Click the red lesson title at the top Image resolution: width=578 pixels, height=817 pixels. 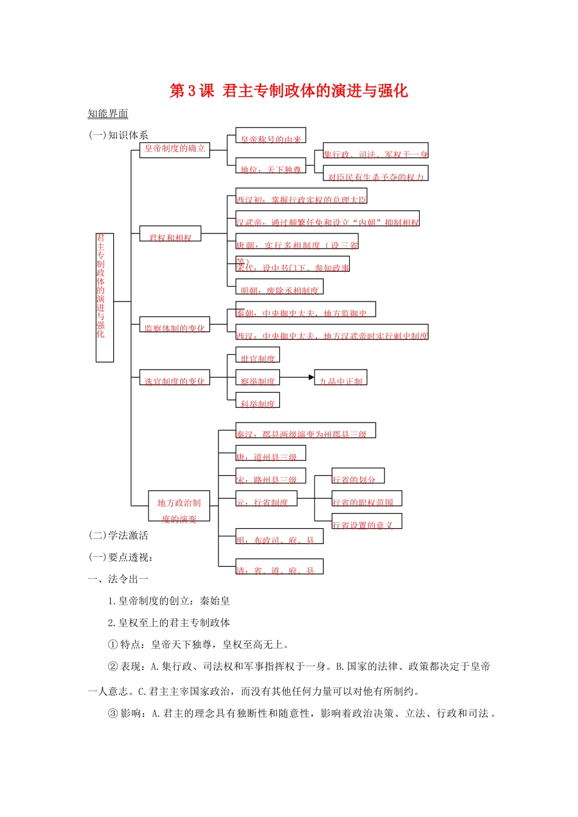[288, 91]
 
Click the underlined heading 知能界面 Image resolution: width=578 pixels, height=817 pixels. [108, 114]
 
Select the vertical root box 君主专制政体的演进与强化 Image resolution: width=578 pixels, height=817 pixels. [104, 297]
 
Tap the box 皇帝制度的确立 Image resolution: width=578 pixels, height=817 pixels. [175, 150]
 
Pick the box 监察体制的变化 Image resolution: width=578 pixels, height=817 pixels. [175, 325]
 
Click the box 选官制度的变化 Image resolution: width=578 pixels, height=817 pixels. [175, 378]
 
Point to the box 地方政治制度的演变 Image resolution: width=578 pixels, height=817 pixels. [179, 506]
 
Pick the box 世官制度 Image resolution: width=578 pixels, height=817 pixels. [257, 356]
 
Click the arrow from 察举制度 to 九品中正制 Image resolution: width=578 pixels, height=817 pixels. [297, 377]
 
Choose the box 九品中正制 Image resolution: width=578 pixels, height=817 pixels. [341, 378]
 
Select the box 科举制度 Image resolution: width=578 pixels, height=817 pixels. [257, 401]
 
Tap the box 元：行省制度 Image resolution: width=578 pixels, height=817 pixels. [266, 500]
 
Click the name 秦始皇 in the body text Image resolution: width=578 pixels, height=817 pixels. [215, 601]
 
